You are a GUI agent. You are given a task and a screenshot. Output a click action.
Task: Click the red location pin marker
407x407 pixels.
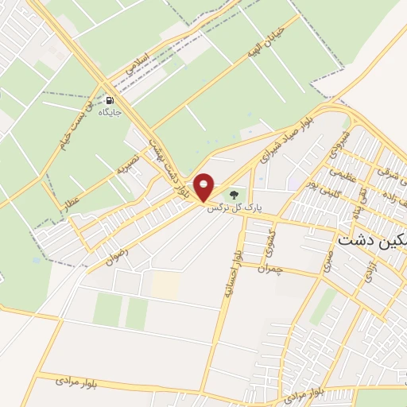pos(204,186)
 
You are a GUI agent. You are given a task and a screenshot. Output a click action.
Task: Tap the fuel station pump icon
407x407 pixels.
pos(109,101)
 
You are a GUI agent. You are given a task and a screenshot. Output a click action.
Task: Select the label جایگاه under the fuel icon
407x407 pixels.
pos(109,114)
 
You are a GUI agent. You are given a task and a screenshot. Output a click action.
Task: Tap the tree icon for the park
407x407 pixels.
pos(234,193)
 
